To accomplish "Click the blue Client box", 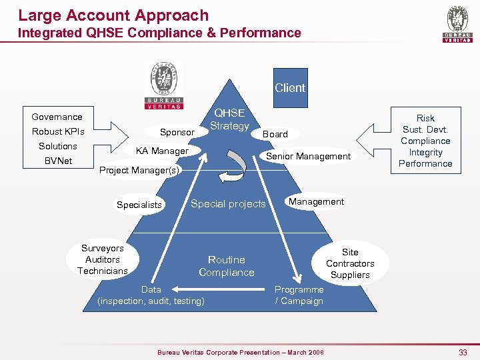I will click(289, 88).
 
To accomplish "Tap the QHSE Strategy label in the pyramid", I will click(229, 120).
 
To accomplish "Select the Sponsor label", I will click(177, 132).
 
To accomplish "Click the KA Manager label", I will click(162, 151).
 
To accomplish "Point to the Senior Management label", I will click(308, 156).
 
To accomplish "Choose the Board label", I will click(275, 134).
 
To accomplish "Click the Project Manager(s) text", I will click(139, 170).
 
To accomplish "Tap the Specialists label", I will click(139, 205).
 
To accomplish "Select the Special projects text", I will click(228, 204).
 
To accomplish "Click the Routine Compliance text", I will click(227, 266).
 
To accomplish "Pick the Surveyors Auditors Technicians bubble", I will click(103, 259).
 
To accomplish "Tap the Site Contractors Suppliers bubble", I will click(350, 263).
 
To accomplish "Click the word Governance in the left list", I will click(57, 117).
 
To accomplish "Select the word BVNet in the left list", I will click(58, 161).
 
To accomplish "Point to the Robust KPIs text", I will click(58, 131).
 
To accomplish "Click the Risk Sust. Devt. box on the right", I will click(425, 141).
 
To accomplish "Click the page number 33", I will click(463, 352).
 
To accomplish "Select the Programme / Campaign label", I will click(299, 295).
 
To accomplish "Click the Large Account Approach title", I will click(113, 15).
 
